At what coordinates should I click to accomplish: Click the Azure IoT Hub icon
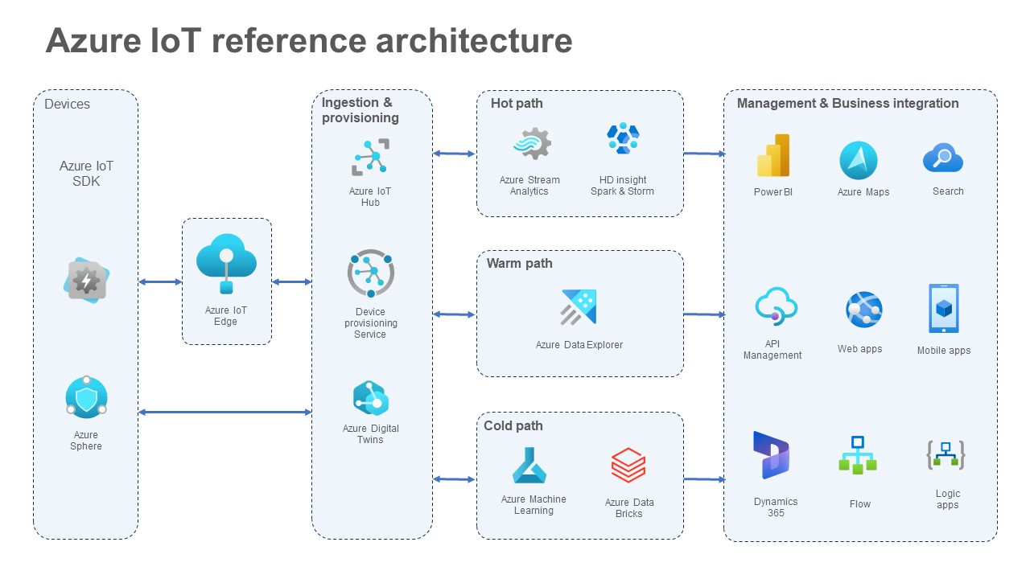click(370, 157)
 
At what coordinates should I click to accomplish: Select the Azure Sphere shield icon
click(86, 398)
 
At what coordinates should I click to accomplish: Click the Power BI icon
click(773, 156)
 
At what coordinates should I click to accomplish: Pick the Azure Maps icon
click(859, 160)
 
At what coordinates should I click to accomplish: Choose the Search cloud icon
click(943, 158)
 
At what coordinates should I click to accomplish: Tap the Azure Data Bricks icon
click(628, 466)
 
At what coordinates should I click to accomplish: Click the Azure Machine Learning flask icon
click(530, 465)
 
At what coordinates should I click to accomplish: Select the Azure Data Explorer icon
click(579, 306)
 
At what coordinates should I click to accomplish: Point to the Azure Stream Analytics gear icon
click(532, 144)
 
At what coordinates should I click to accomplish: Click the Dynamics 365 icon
click(771, 455)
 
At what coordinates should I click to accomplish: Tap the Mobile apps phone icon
click(944, 309)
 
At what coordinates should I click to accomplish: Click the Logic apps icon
click(946, 455)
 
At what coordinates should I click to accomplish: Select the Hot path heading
click(517, 103)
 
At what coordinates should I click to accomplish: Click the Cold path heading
click(513, 425)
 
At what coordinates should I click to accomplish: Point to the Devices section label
click(68, 104)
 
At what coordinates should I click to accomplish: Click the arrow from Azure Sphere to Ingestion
click(225, 412)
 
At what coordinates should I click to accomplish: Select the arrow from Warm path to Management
click(704, 314)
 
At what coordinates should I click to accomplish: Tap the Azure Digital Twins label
click(371, 433)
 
